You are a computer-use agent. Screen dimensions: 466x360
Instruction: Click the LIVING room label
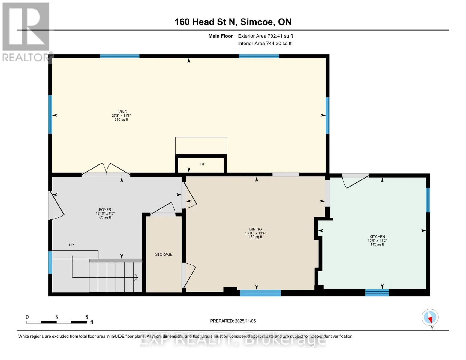coord(121,112)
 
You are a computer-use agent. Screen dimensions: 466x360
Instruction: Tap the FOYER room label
coord(105,209)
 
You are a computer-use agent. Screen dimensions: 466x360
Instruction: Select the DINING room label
coord(255,229)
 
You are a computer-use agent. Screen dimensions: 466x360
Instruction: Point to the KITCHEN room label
coord(377,237)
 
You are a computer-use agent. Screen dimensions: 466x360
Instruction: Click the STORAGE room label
coord(164,254)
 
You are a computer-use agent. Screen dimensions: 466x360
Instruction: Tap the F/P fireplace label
coord(203,164)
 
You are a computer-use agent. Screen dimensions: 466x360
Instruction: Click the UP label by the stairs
coord(71,244)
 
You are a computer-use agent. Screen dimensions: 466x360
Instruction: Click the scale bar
coord(56,322)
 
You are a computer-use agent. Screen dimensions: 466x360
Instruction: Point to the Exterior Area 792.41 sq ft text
coord(265,36)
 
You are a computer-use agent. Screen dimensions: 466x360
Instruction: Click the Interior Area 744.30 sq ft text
coord(265,43)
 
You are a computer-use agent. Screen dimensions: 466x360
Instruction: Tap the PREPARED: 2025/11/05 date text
coord(233,321)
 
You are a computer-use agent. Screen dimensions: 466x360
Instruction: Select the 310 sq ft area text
coord(121,119)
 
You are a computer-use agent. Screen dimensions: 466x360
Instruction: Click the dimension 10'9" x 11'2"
coord(377,241)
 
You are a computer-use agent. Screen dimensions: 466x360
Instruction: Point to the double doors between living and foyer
coord(106,169)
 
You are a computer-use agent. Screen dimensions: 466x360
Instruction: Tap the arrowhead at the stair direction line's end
coord(137,277)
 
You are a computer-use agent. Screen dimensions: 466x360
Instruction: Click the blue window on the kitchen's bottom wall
coord(377,293)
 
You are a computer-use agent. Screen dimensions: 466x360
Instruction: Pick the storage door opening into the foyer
coord(163,208)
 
